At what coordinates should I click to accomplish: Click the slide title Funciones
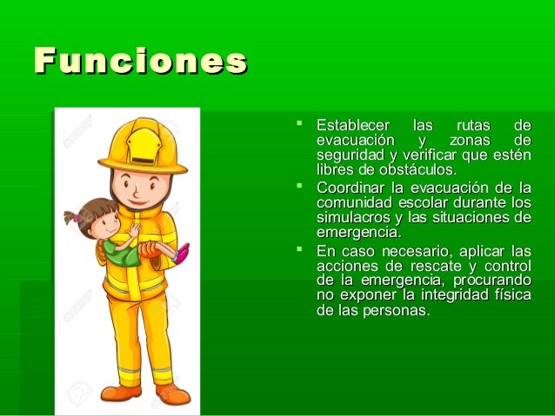[139, 62]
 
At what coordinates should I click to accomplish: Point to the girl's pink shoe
[182, 253]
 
